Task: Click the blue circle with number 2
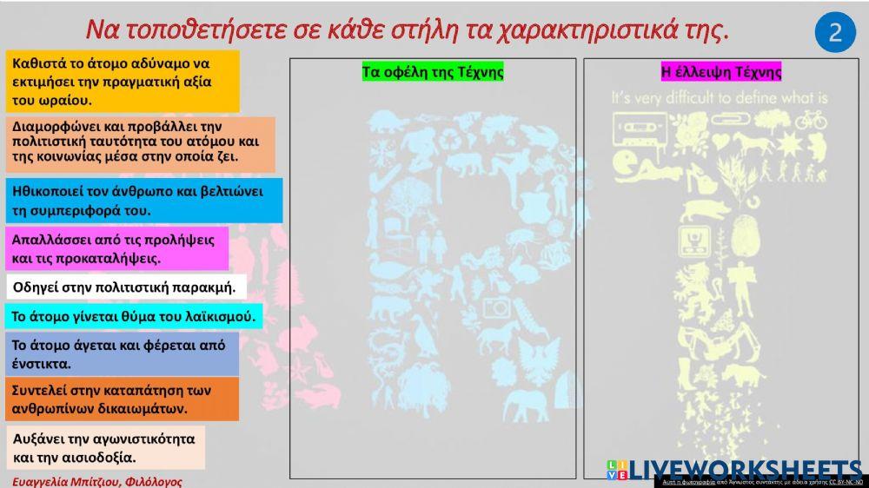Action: tap(835, 32)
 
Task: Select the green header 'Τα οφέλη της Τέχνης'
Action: tap(433, 72)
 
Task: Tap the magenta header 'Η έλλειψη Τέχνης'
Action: tap(721, 72)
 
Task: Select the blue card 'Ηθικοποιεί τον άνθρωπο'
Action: tap(143, 201)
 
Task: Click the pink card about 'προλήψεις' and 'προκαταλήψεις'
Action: tap(116, 248)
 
